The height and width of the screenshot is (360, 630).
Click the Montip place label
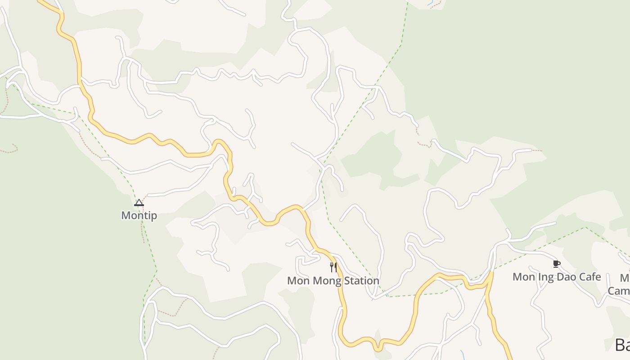click(139, 216)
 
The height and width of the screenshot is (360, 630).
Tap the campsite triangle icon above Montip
click(139, 203)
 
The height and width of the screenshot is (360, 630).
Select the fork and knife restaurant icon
click(333, 267)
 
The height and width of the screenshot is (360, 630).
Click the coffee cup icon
click(557, 264)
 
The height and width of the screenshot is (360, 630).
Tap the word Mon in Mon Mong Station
click(296, 281)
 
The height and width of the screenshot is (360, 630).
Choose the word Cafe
click(590, 277)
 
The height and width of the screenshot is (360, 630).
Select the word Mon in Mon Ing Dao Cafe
click(523, 277)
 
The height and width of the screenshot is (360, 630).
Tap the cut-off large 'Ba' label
click(622, 345)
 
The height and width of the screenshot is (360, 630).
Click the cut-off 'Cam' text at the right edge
click(619, 291)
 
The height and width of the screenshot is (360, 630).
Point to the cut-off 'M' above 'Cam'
click(625, 278)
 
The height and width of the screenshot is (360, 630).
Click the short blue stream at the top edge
click(431, 4)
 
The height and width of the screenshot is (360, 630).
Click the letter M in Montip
click(126, 216)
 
